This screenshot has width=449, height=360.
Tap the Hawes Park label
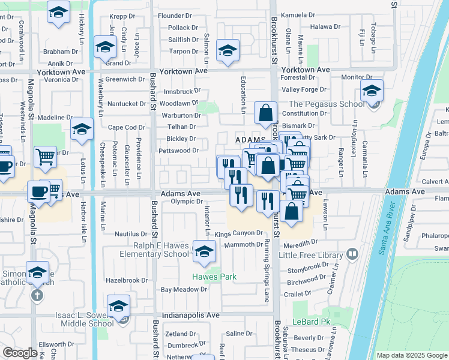206,277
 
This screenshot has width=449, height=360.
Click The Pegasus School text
324,104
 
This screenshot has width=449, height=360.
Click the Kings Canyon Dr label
239,233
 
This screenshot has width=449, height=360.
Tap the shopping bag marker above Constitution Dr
265,112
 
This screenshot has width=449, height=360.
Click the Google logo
20,353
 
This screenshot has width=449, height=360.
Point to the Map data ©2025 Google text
411,355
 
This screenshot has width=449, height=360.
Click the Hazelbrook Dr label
127,280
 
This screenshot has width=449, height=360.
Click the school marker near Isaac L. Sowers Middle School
119,306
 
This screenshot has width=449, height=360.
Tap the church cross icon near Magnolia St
37,295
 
